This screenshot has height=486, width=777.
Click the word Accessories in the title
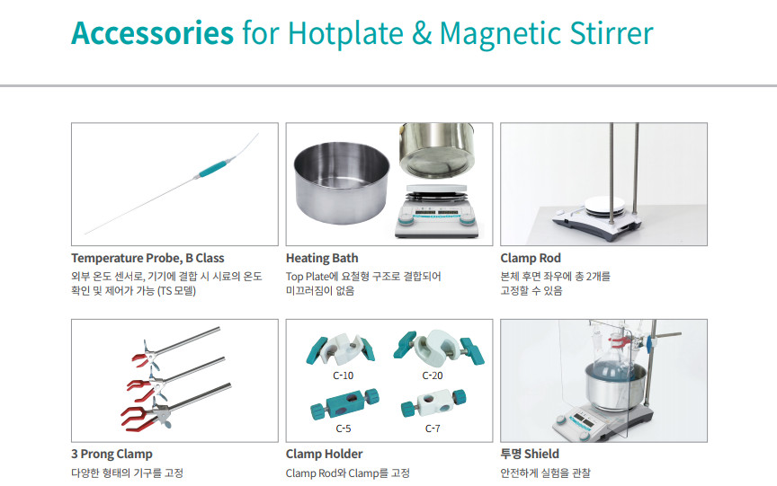pos(152,33)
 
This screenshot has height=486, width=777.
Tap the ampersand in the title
pos(421,33)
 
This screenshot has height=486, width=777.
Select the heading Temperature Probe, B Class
pos(147,259)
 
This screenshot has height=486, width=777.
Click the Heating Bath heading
pos(322,259)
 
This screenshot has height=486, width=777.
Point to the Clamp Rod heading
pos(531,259)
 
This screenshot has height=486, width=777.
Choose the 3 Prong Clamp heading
pos(112,455)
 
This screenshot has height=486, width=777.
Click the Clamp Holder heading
pos(324,455)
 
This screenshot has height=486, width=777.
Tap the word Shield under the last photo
pos(541,454)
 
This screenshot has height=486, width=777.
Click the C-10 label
pos(343,376)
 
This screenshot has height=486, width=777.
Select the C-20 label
pos(432,376)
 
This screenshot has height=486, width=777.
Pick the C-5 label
pos(343,429)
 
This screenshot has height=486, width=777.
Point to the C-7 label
pos(432,429)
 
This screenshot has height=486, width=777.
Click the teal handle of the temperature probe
pos(215,167)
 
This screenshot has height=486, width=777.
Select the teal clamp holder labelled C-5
pos(344,403)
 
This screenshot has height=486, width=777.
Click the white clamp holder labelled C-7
pos(433,402)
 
